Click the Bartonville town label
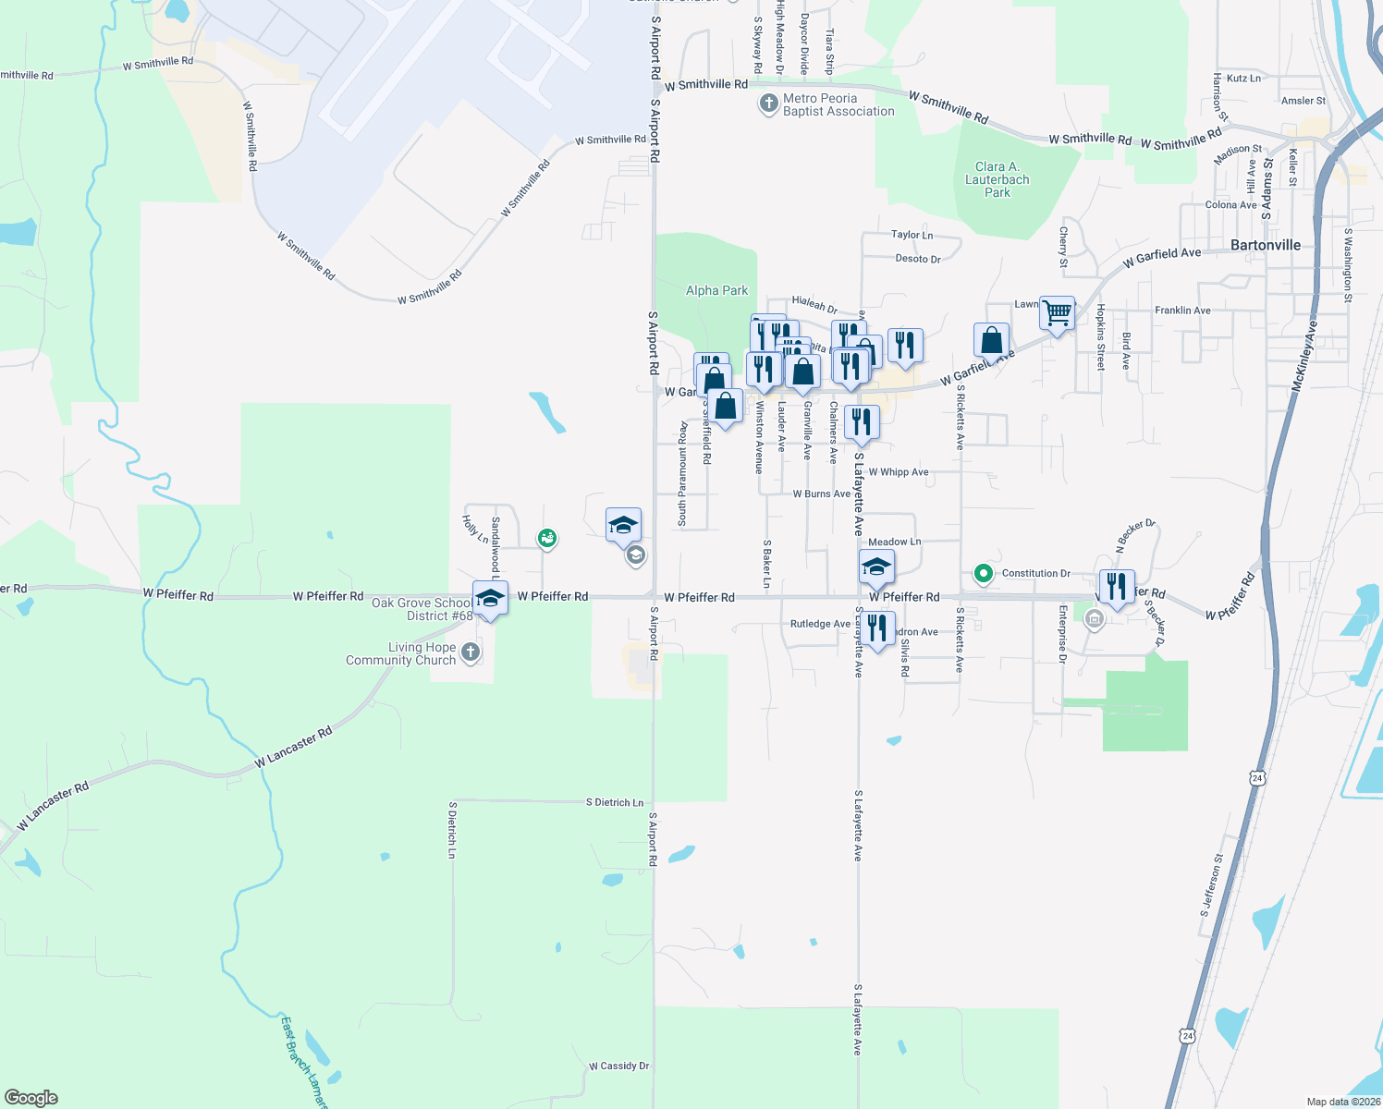click(x=1266, y=245)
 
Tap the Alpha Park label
click(x=716, y=290)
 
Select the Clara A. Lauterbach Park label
click(x=997, y=179)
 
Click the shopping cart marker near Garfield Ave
click(x=1057, y=313)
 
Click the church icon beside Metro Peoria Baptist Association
click(x=768, y=104)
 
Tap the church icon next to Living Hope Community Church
click(x=471, y=653)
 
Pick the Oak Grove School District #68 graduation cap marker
click(x=490, y=598)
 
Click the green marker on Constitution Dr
click(x=984, y=574)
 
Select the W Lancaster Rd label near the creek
click(x=293, y=748)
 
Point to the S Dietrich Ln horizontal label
click(x=614, y=802)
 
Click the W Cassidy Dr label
click(x=618, y=1066)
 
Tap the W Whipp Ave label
click(x=898, y=472)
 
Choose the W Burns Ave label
click(x=821, y=494)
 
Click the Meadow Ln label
click(x=894, y=542)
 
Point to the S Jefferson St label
click(x=1211, y=885)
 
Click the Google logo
click(x=31, y=1097)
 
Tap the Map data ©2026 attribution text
click(x=1343, y=1102)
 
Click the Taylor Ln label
click(x=912, y=235)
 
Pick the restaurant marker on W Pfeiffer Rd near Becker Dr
click(x=1117, y=587)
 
